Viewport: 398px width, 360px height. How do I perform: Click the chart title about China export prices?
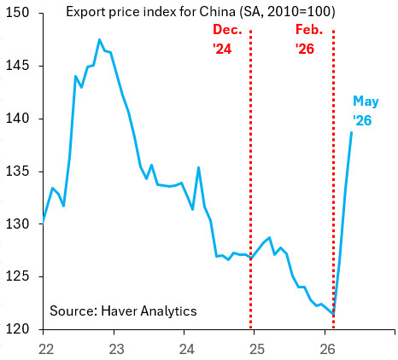[x=201, y=12]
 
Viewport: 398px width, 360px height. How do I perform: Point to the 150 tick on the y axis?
[x=18, y=13]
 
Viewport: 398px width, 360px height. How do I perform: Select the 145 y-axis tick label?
[x=18, y=66]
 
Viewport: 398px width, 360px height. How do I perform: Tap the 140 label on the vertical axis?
[x=18, y=119]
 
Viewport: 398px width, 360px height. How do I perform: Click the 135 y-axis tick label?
[x=18, y=171]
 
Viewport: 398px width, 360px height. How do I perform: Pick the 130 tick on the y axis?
[x=18, y=224]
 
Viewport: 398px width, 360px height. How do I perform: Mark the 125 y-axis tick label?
[x=18, y=276]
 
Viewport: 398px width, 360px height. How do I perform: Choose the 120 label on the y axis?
[x=18, y=329]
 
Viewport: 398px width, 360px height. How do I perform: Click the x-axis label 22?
[x=46, y=350]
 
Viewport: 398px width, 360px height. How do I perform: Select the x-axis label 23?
[x=116, y=350]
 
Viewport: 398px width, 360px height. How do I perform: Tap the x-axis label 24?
[x=187, y=350]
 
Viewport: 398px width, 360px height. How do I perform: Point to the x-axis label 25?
[x=257, y=350]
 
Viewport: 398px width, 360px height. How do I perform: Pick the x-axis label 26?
[x=327, y=350]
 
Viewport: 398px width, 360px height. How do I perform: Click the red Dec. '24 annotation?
[x=227, y=39]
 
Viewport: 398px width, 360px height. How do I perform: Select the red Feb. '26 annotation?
[x=309, y=39]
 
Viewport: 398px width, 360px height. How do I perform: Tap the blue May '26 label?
[x=366, y=111]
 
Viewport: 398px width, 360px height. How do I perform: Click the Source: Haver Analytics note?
[x=123, y=311]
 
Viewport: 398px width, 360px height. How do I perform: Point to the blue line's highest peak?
[x=99, y=39]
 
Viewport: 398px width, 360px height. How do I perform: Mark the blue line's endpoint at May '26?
[x=352, y=132]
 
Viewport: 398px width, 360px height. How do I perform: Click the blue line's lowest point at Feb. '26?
[x=333, y=314]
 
